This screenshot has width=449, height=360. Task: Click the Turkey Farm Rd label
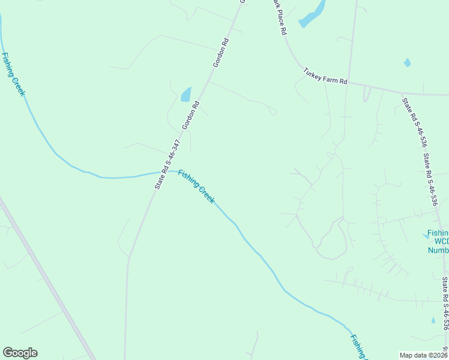[325, 76]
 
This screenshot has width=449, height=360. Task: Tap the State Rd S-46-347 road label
[167, 165]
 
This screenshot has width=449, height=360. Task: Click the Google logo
[20, 353]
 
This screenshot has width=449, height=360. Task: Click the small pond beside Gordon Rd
[186, 94]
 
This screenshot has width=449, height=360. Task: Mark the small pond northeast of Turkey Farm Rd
[408, 62]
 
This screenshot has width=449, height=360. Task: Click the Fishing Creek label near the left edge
[13, 74]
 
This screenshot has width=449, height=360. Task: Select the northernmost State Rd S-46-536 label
[414, 123]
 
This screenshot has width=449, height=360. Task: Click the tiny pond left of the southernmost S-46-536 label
[433, 320]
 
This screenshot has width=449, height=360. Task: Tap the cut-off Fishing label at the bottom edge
[358, 347]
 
